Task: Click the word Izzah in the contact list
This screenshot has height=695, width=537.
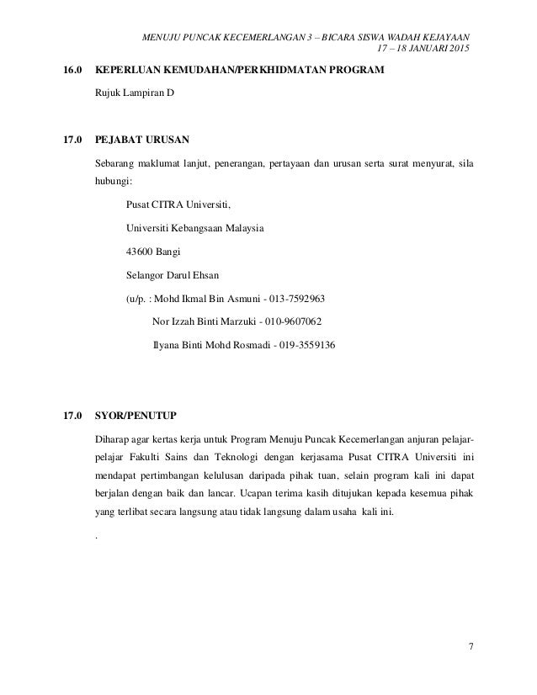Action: (187, 321)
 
